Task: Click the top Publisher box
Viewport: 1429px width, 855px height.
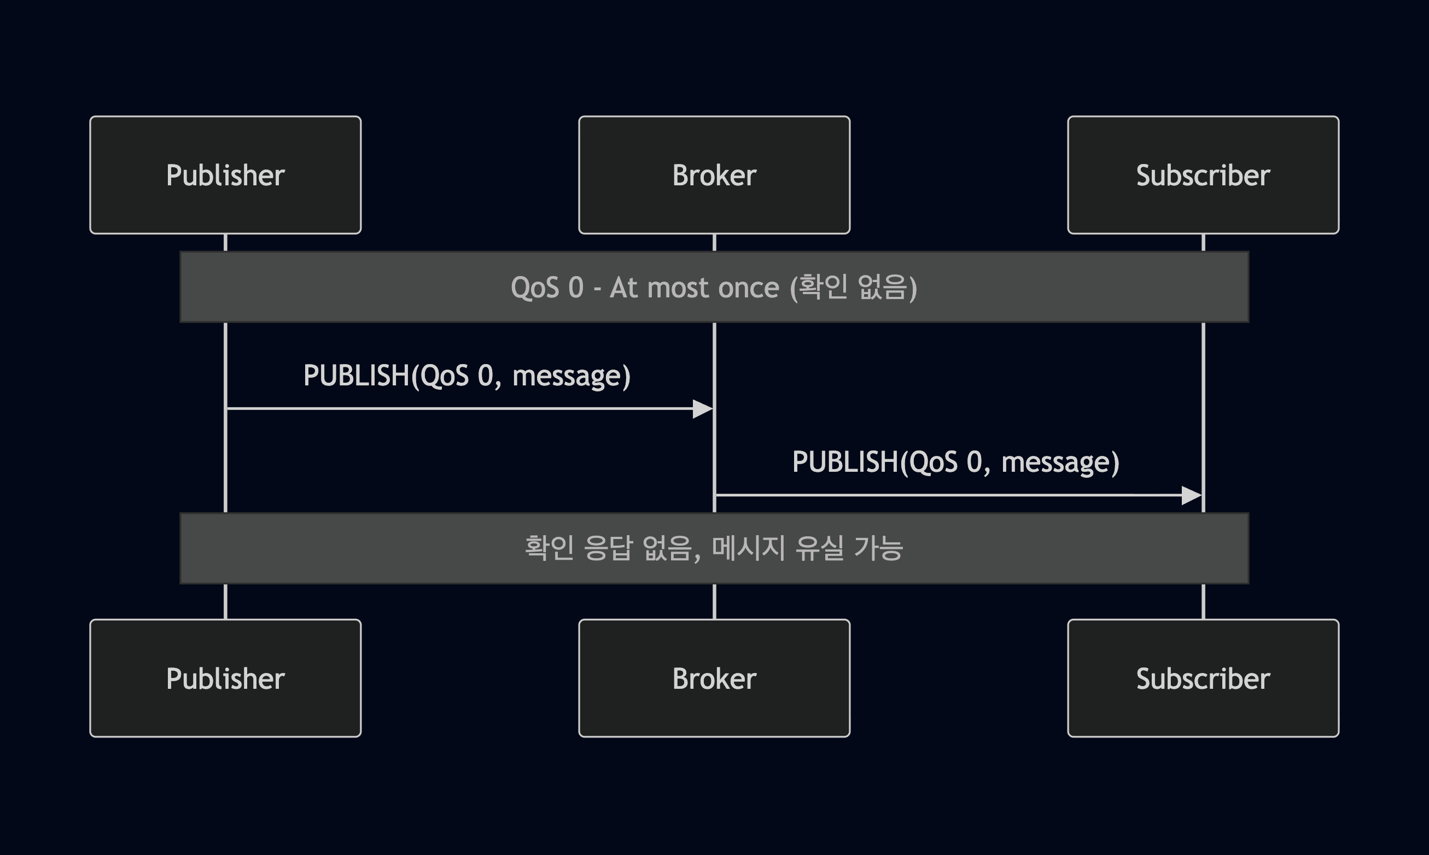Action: (x=225, y=175)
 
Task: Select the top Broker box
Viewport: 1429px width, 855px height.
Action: (x=714, y=175)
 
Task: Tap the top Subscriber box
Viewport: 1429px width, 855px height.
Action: (x=1203, y=175)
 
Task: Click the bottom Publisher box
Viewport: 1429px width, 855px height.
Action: (x=225, y=678)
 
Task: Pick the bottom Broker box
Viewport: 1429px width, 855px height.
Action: (x=714, y=678)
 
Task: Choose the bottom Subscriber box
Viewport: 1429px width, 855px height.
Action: (x=1203, y=678)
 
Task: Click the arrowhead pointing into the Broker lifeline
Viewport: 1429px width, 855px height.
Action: (x=703, y=409)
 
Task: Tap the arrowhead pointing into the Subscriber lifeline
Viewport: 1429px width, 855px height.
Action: (x=1192, y=495)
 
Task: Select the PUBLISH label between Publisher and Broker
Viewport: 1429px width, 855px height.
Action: (x=466, y=376)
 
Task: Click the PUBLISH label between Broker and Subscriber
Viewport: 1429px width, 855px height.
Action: (x=955, y=462)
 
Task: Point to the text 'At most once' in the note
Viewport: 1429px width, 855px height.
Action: (x=694, y=288)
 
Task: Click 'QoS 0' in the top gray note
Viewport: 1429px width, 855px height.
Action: (x=547, y=288)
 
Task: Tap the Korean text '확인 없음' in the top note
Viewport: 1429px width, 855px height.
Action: (x=853, y=288)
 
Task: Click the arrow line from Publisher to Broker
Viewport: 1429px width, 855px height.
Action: (x=461, y=409)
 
